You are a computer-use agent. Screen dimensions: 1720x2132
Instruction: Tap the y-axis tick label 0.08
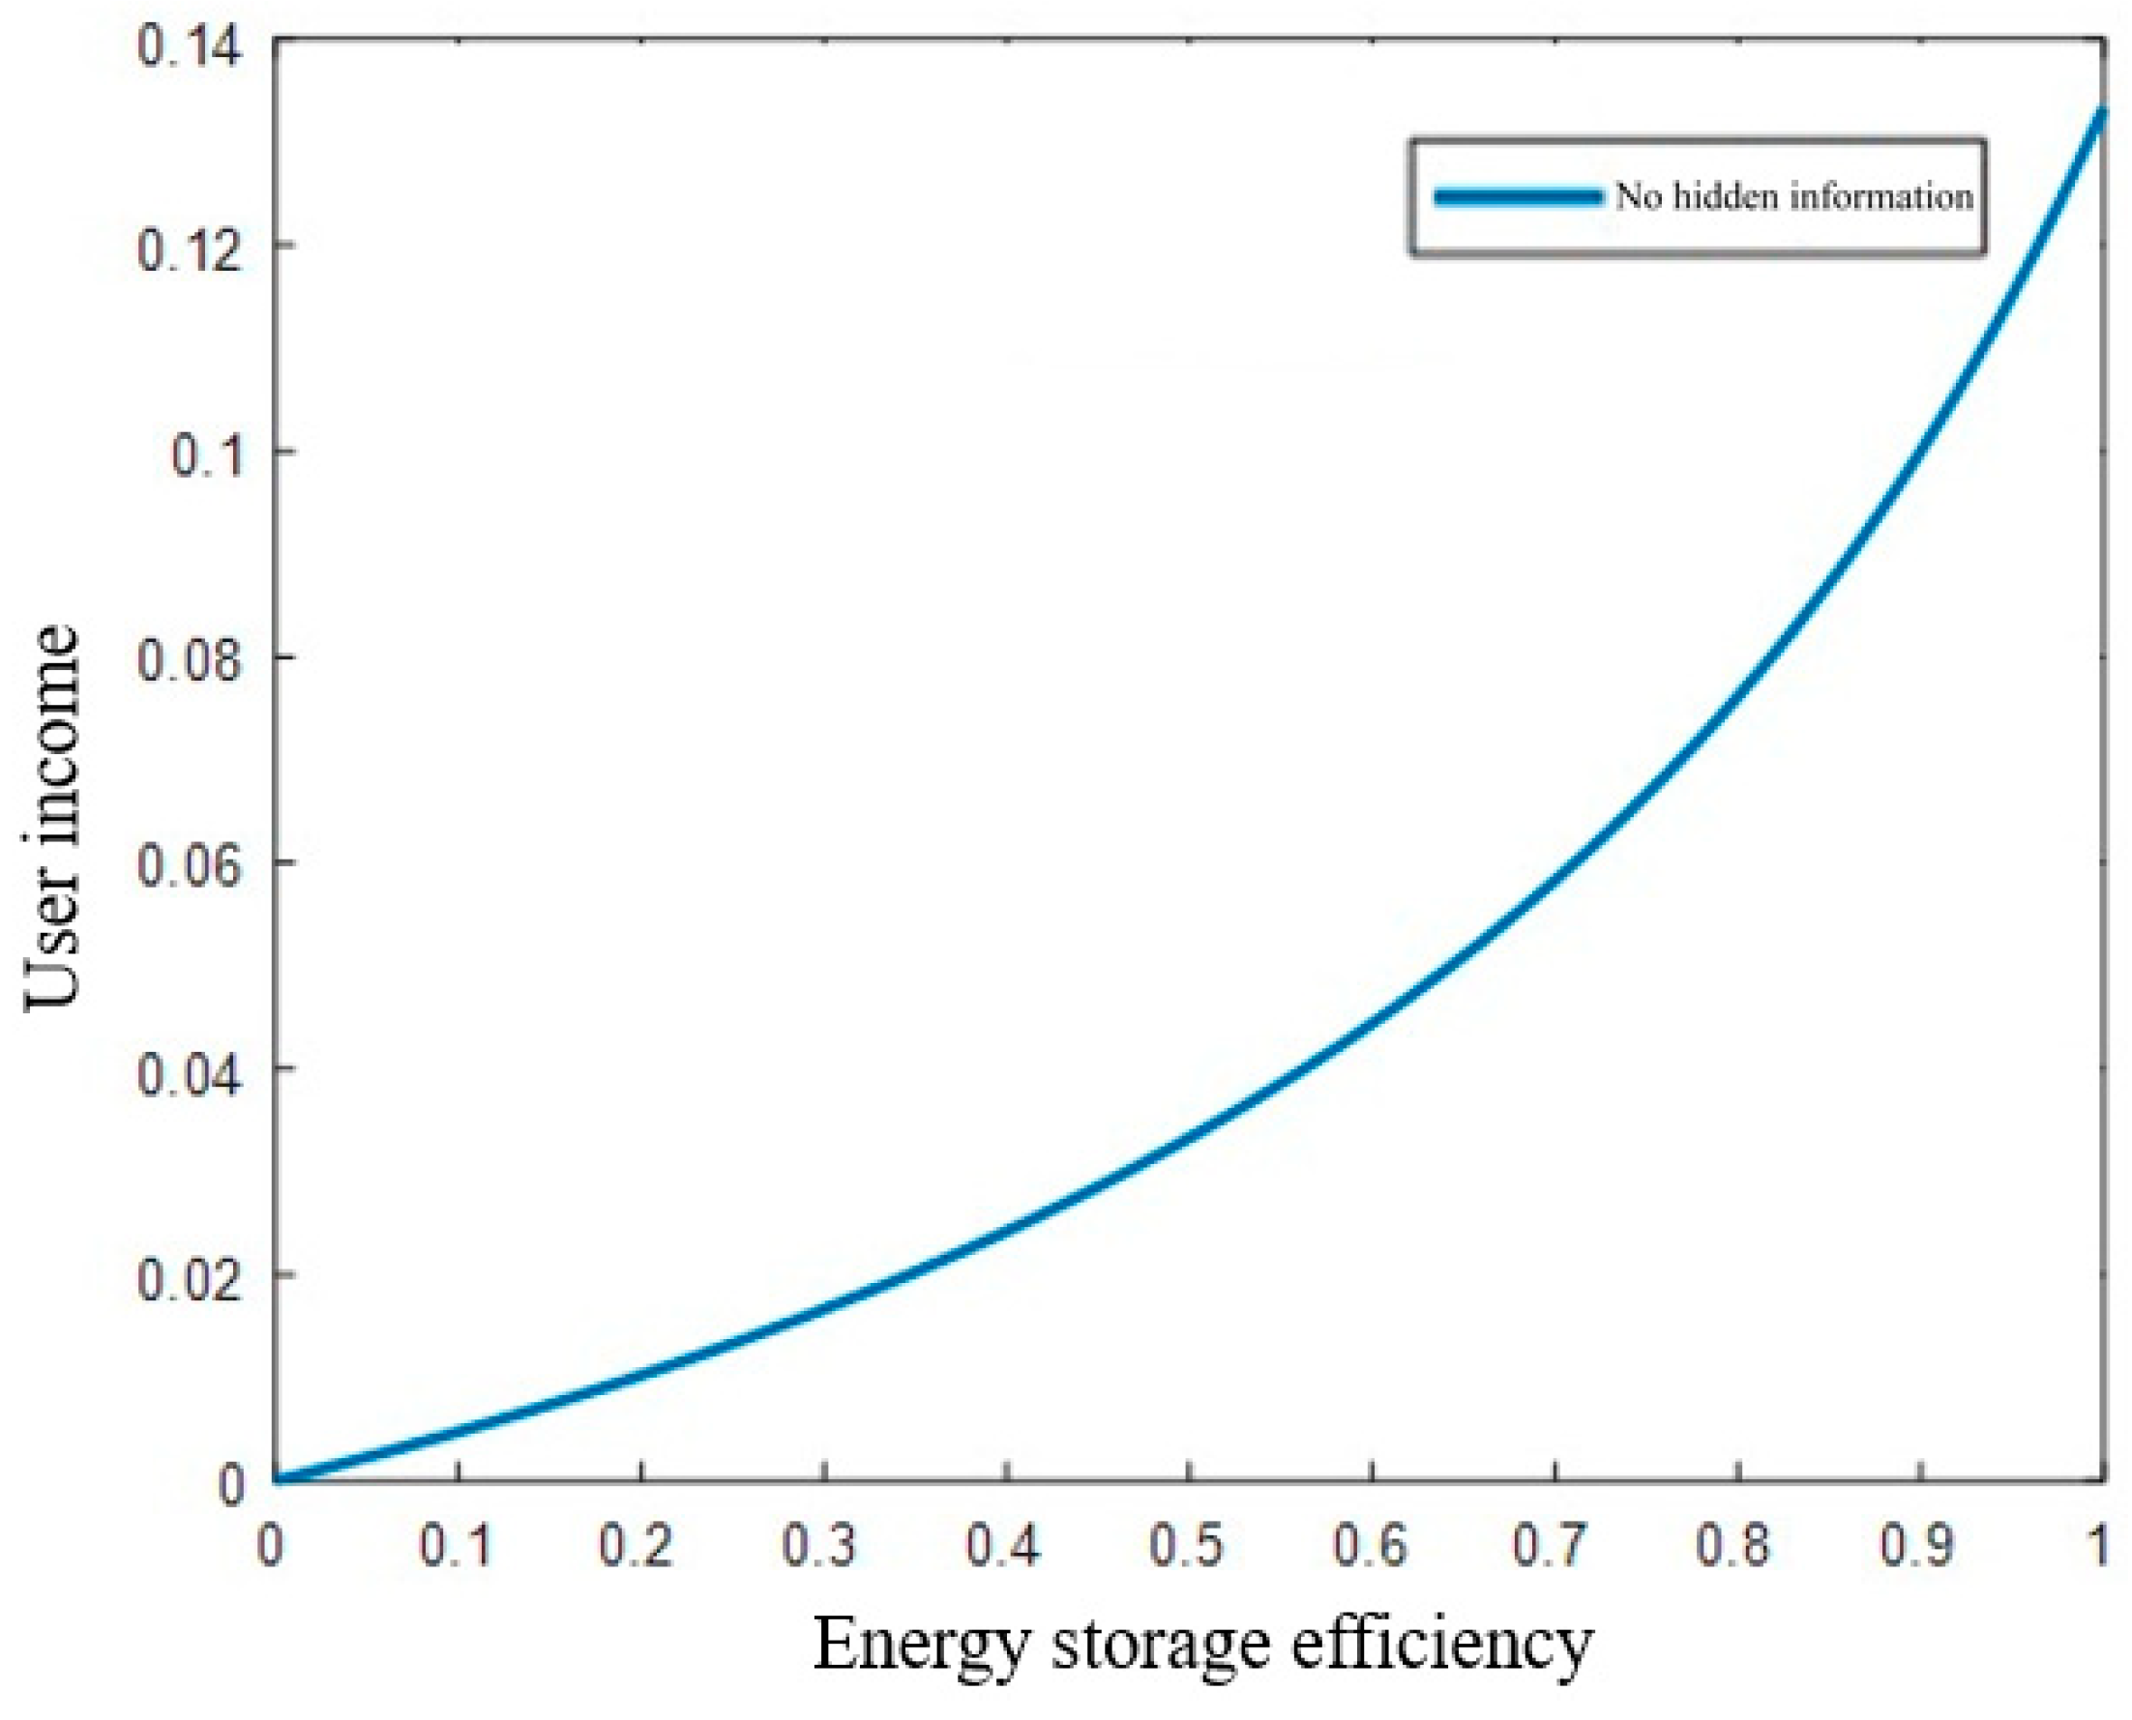[190, 662]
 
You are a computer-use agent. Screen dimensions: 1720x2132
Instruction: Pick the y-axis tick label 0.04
[190, 1074]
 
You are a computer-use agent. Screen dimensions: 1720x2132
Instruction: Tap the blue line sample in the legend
[1518, 196]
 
